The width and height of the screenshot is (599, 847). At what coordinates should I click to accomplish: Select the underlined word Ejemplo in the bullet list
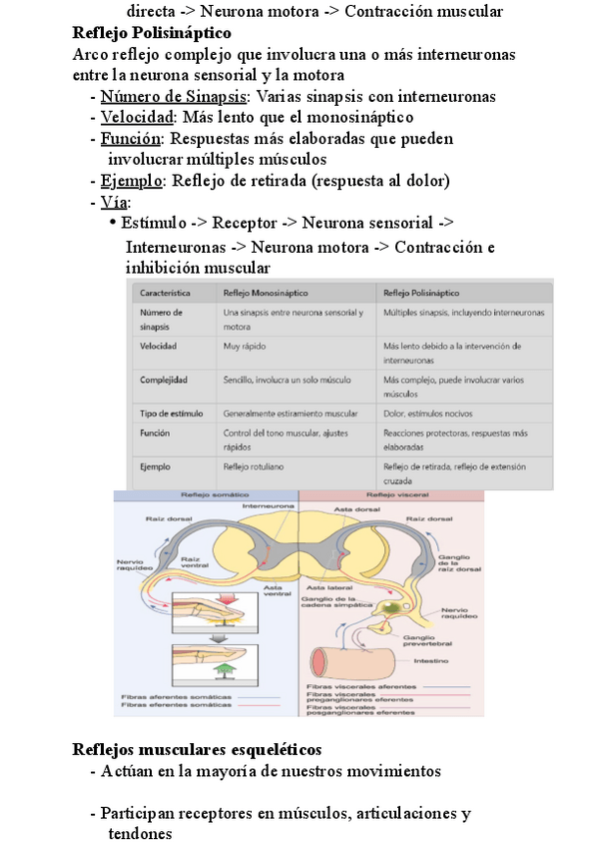pyautogui.click(x=131, y=181)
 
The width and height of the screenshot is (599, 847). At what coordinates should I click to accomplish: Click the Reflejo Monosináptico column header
pyautogui.click(x=267, y=294)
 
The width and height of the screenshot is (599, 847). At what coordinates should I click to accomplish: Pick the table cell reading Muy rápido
pyautogui.click(x=246, y=346)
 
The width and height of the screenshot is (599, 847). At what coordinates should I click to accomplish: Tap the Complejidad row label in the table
pyautogui.click(x=165, y=381)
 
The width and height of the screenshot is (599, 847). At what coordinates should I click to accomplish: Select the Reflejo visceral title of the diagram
pyautogui.click(x=393, y=494)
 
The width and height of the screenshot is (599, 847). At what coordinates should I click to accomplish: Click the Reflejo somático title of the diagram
pyautogui.click(x=207, y=494)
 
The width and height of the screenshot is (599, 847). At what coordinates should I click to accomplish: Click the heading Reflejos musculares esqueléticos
pyautogui.click(x=197, y=749)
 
